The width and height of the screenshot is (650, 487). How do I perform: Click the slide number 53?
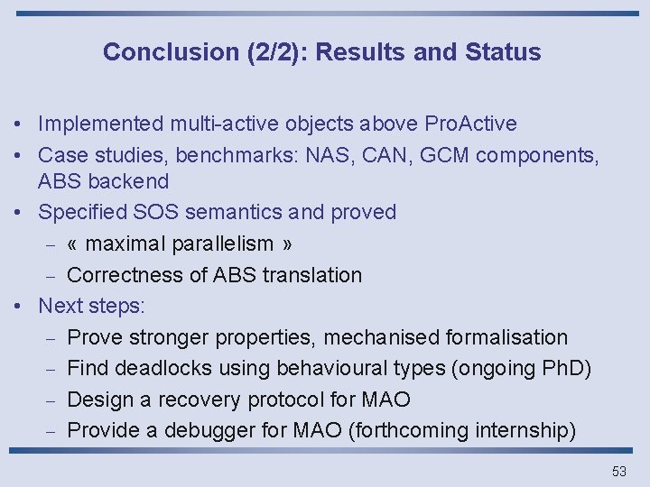pos(618,471)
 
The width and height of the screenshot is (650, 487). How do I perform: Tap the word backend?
pos(127,181)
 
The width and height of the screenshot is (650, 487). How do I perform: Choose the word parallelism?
pos(218,243)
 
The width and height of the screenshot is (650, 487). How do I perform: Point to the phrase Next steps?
pos(91,306)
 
